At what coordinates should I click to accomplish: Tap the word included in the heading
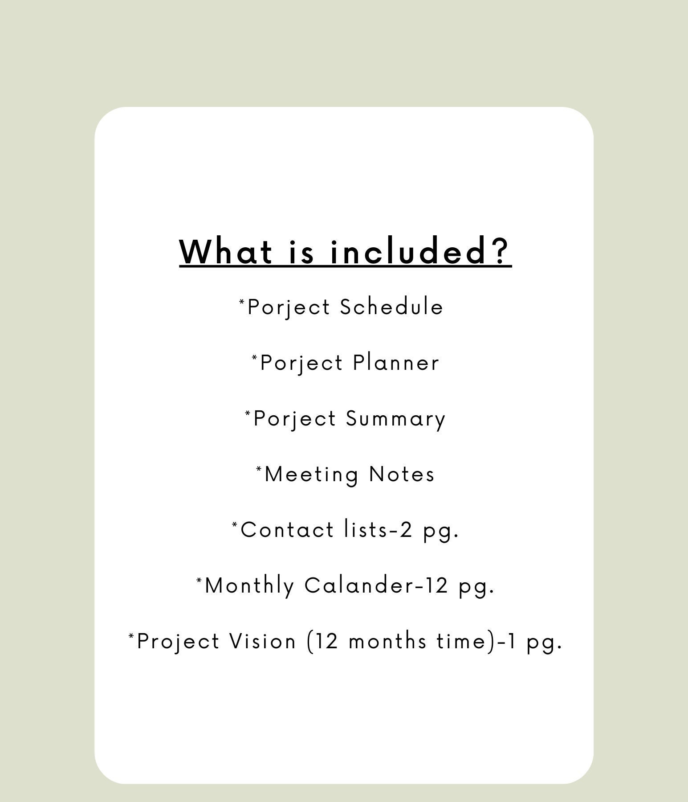[x=407, y=252]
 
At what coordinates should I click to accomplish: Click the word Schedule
[x=391, y=307]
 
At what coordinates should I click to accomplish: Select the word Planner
[x=396, y=363]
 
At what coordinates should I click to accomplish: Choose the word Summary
[x=395, y=419]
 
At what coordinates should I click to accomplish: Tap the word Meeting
[x=311, y=475]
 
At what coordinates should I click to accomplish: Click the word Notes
[x=402, y=474]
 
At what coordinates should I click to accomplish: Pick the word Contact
[x=287, y=530]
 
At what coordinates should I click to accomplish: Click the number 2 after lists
[x=406, y=530]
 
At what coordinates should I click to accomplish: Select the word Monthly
[x=249, y=586]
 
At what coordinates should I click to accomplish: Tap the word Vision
[x=263, y=642]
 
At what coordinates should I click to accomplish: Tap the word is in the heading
[x=302, y=252]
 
